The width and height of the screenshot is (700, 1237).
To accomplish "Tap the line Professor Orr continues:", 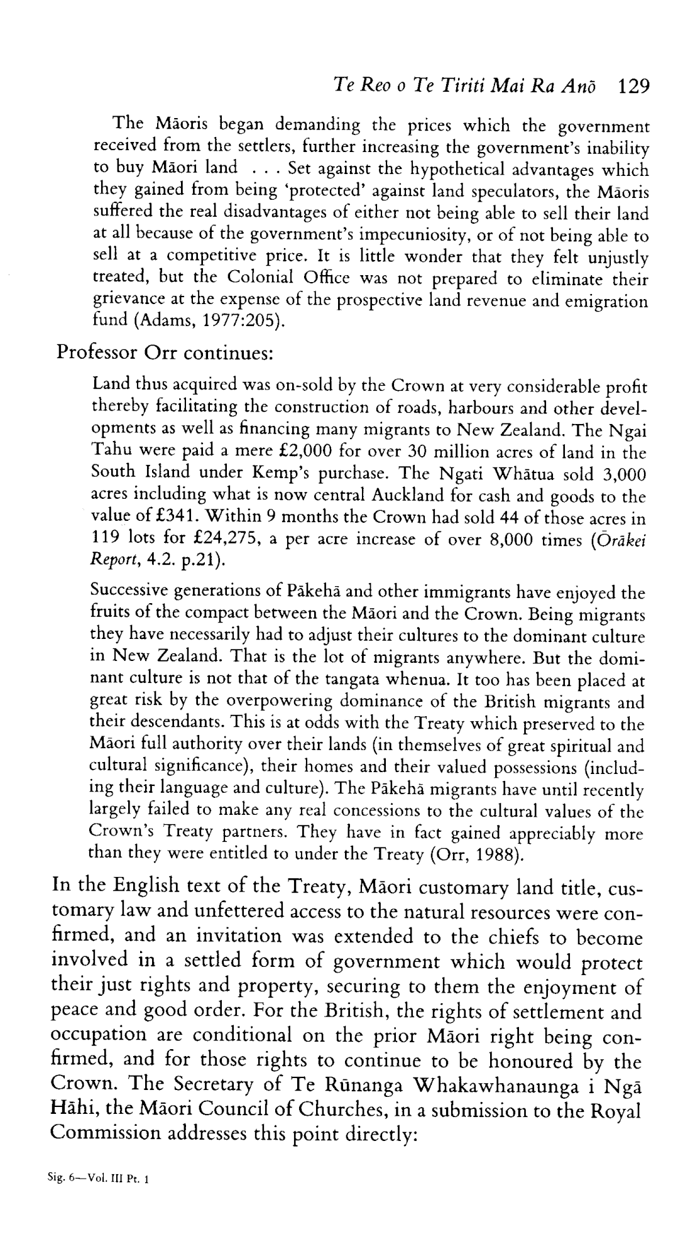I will [165, 352].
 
